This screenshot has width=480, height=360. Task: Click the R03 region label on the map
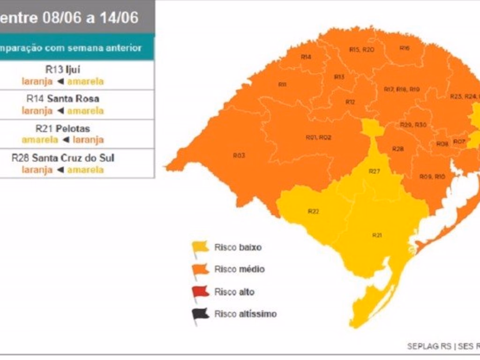[x=239, y=155]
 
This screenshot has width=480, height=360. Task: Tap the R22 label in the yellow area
[x=313, y=211]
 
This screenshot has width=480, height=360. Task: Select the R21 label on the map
[x=377, y=235]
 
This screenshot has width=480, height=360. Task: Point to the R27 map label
[x=374, y=172]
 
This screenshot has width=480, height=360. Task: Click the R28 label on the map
[x=398, y=149]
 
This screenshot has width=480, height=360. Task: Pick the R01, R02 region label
[x=318, y=137]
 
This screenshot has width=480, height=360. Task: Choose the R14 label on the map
[x=306, y=57]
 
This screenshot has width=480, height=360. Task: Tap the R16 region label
[x=405, y=48]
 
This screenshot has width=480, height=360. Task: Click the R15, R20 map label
[x=361, y=50]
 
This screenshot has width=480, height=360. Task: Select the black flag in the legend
[x=200, y=315]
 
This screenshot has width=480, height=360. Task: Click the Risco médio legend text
[x=239, y=269]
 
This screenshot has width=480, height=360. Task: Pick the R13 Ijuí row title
[x=62, y=69]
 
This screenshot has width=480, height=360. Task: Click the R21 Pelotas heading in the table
[x=62, y=128]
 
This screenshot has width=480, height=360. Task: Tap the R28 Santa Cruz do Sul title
[x=62, y=158]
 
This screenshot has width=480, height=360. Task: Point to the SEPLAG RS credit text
[x=428, y=346]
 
